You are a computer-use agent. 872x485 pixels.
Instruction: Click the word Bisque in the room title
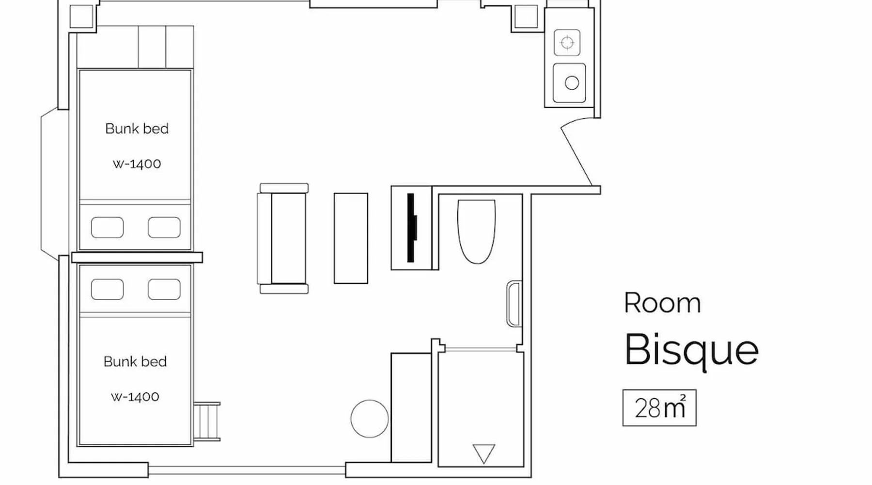[x=691, y=351]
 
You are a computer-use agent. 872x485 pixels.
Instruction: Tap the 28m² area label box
[x=659, y=408]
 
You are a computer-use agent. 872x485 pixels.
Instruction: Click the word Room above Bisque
[x=662, y=303]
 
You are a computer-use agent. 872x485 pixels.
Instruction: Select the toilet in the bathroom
[x=476, y=231]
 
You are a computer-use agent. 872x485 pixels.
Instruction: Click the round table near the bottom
[x=369, y=419]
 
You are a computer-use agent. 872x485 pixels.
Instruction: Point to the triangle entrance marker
[x=483, y=453]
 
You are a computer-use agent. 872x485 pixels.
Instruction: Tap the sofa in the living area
[x=283, y=239]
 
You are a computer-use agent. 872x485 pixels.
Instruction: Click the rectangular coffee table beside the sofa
[x=351, y=238]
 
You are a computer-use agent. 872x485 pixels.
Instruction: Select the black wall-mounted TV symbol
[x=412, y=227]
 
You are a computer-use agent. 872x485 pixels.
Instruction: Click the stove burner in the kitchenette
[x=567, y=43]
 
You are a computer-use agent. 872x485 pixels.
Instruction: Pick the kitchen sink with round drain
[x=569, y=82]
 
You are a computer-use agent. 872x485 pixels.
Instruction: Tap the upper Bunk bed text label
[x=137, y=129]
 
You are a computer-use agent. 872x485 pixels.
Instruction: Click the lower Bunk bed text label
[x=135, y=361]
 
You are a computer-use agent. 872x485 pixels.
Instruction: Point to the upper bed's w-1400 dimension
[x=137, y=164]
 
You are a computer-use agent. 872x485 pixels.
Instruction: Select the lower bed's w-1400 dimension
[x=135, y=397]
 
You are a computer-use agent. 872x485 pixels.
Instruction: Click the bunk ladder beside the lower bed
[x=207, y=421]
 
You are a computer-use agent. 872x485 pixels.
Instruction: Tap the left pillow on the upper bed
[x=107, y=227]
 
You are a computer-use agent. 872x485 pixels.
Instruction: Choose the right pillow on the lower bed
[x=164, y=290]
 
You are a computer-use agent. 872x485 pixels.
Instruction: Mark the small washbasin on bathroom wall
[x=514, y=304]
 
